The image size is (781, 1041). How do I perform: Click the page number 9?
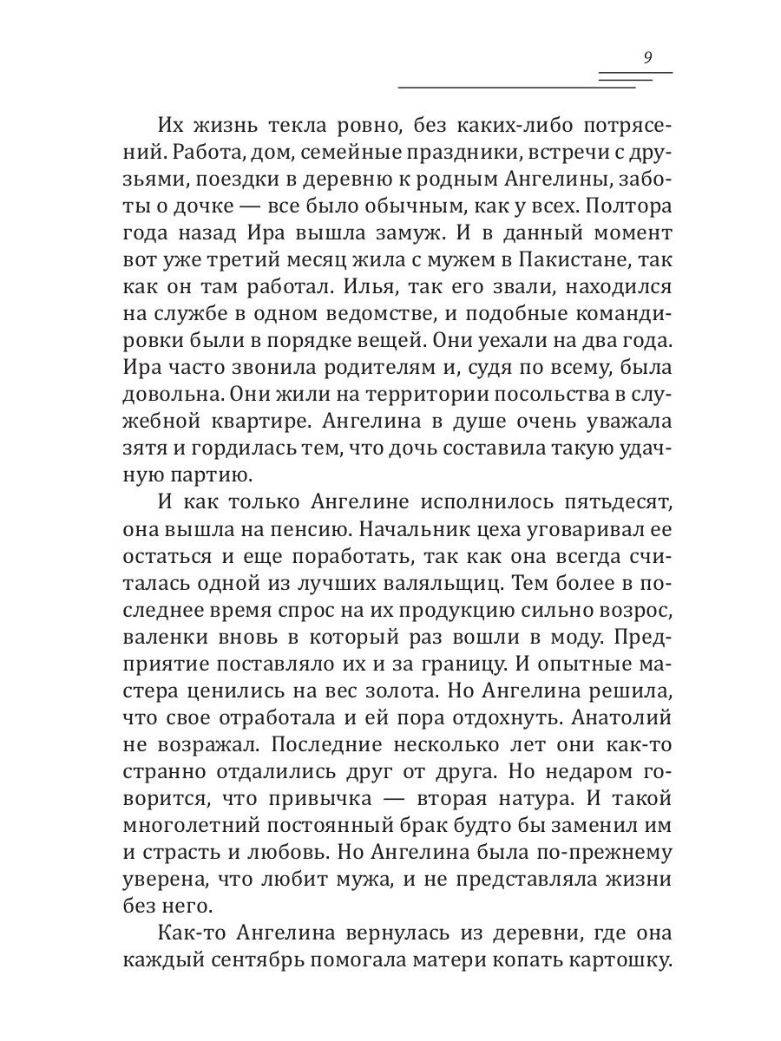(647, 59)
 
